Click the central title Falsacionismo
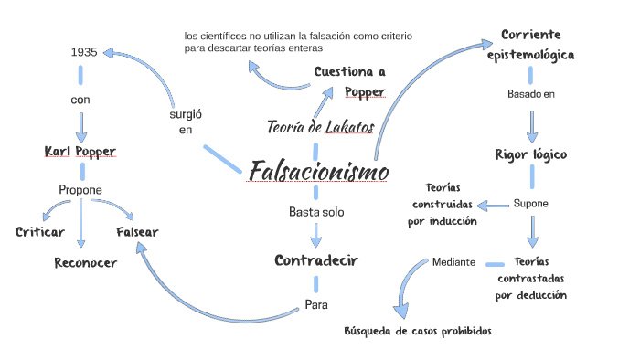coord(318,172)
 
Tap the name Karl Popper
coord(80,151)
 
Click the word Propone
coord(80,190)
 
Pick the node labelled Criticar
coord(39,232)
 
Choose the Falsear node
coord(137,232)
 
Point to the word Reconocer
coord(85,263)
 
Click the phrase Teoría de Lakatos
coord(320,127)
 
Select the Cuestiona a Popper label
coord(350,81)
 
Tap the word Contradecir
coord(316,260)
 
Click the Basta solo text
coord(316,212)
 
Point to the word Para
coord(316,304)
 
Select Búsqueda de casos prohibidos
coord(418,331)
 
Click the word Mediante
coord(453,262)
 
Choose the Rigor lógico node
coord(530,154)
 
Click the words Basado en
coord(531,94)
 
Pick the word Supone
coord(530,203)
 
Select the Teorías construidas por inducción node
coord(443,203)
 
